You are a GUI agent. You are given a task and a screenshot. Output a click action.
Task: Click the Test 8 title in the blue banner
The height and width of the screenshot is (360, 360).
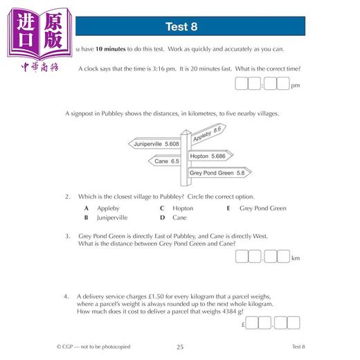[x=181, y=27]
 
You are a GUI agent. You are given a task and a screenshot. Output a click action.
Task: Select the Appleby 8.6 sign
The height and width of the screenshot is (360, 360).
[x=210, y=134]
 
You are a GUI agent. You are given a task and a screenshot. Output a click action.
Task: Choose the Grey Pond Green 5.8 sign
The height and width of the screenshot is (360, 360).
[x=218, y=172]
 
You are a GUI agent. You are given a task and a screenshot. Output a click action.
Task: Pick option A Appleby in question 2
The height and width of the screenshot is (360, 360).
[x=103, y=208]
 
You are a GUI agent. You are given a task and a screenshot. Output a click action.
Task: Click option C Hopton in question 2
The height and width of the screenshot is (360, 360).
[x=177, y=208]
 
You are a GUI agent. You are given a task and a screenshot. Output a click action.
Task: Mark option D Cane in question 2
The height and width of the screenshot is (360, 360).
[x=174, y=217]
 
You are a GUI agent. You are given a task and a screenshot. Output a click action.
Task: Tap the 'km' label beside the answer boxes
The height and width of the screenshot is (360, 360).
[x=296, y=258]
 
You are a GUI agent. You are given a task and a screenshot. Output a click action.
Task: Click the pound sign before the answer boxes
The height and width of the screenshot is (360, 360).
[x=242, y=323]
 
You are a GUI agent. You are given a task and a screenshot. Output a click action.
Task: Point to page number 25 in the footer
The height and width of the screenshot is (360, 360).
[x=180, y=347]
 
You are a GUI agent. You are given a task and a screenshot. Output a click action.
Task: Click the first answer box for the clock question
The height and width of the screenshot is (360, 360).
[x=243, y=84]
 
